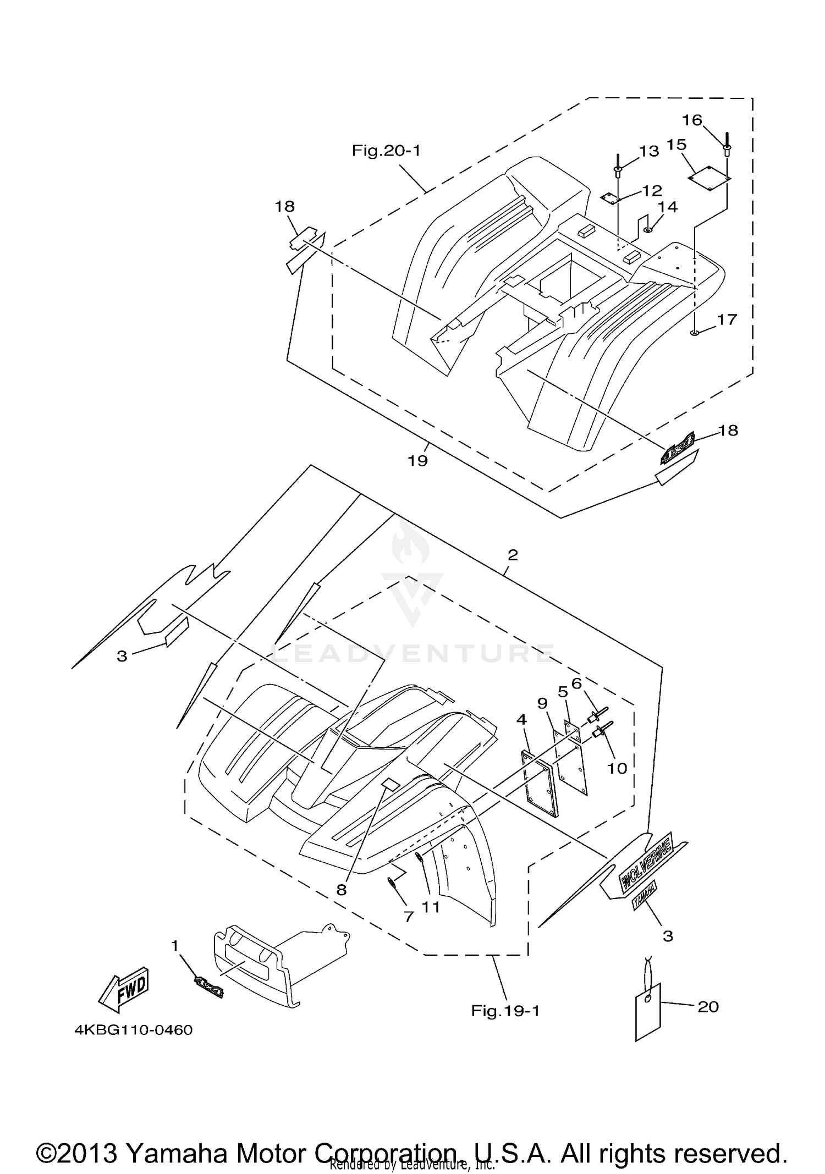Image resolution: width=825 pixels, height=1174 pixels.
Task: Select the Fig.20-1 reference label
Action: click(386, 150)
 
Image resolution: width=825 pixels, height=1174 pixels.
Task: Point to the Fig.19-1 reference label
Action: click(505, 1011)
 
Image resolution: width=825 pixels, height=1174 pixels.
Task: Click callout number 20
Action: click(708, 1007)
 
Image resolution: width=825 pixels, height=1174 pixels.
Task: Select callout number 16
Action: click(692, 120)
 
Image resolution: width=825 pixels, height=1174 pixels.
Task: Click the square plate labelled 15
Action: click(710, 178)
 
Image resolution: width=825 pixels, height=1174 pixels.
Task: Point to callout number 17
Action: click(727, 319)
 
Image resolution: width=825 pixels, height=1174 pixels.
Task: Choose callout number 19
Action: click(417, 460)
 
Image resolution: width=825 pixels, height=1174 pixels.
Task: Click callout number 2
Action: click(513, 555)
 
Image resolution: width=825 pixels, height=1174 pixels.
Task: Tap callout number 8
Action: click(342, 890)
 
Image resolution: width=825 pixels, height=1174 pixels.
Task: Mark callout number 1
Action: click(175, 946)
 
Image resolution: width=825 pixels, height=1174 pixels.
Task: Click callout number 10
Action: click(617, 768)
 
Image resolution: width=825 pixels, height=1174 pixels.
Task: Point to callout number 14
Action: click(668, 207)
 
